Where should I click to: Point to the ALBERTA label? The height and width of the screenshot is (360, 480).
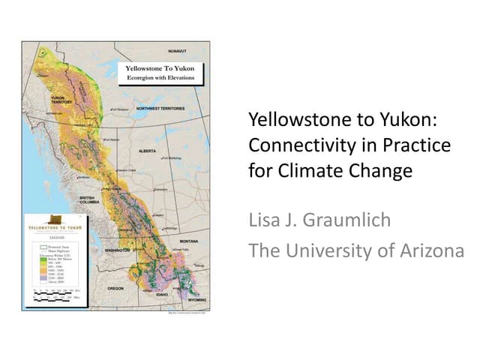point(148,150)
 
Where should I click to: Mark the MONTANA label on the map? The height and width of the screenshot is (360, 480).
point(188,241)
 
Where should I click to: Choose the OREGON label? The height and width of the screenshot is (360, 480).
point(115,288)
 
